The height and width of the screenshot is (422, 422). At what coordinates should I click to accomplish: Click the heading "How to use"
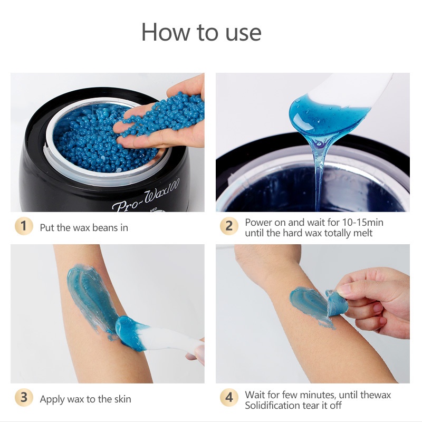pyautogui.click(x=202, y=32)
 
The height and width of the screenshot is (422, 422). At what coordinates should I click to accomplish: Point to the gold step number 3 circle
pyautogui.click(x=24, y=397)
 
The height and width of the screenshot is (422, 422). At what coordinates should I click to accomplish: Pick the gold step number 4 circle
pyautogui.click(x=229, y=397)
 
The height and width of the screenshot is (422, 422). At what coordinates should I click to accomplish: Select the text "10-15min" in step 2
pyautogui.click(x=362, y=222)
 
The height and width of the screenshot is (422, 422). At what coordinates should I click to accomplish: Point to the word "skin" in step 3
pyautogui.click(x=123, y=399)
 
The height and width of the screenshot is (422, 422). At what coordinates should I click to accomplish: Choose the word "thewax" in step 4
pyautogui.click(x=376, y=395)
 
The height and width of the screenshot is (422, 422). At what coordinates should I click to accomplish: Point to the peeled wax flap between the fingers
pyautogui.click(x=337, y=303)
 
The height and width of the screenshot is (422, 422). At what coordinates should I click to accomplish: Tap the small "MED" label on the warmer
pyautogui.click(x=154, y=209)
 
